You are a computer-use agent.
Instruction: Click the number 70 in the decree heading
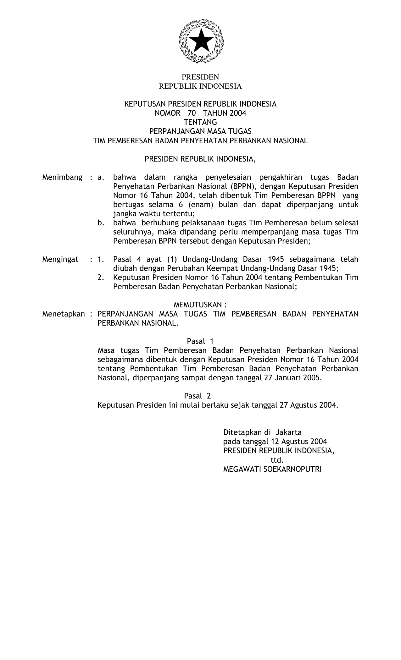tap(192, 113)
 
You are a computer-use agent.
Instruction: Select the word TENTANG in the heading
tap(200, 122)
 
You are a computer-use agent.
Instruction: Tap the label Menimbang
tap(62, 177)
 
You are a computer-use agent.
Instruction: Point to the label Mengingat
tap(60, 260)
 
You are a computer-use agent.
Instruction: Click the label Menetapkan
tap(64, 314)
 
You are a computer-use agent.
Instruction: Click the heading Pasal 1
tap(200, 341)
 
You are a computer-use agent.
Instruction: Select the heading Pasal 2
tap(198, 396)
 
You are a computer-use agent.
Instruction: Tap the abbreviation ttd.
tap(277, 460)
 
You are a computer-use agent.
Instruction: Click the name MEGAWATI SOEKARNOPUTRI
tap(272, 469)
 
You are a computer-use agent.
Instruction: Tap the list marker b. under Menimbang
tap(101, 223)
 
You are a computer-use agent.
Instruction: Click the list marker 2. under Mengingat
tap(101, 278)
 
